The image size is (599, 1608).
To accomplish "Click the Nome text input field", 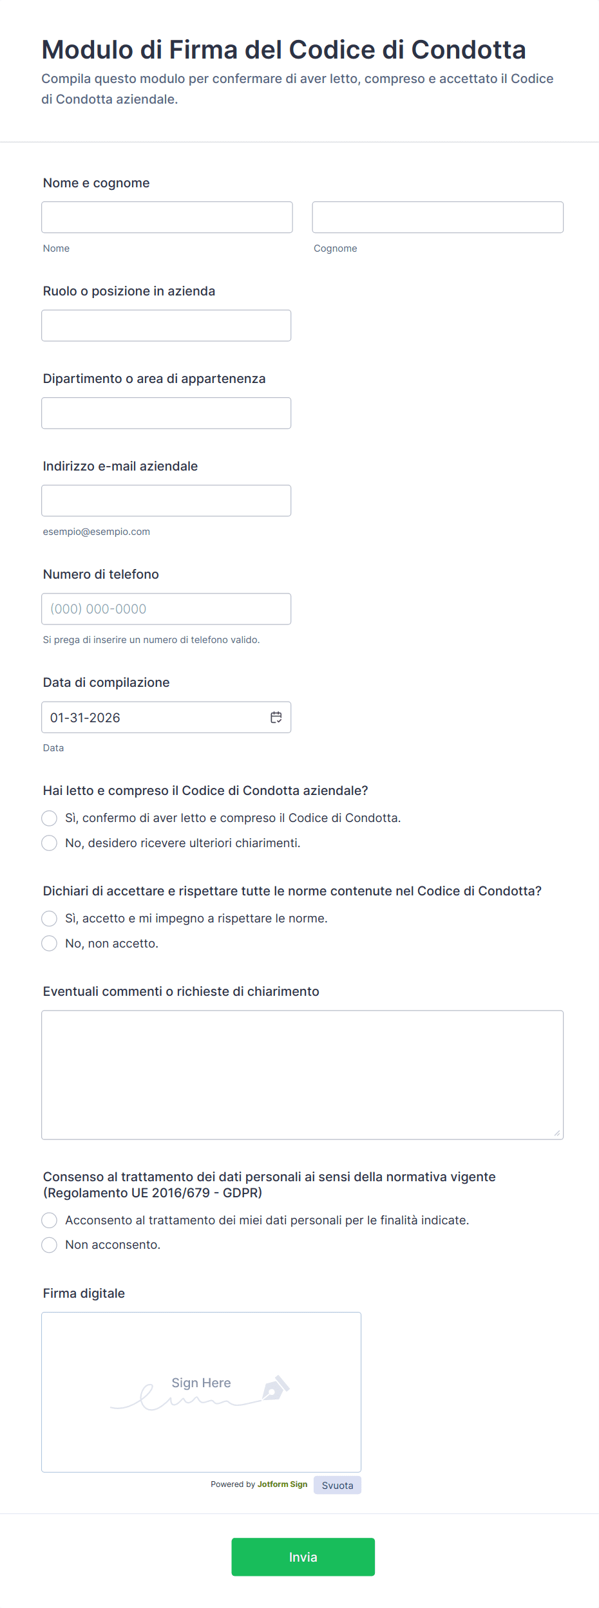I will [x=167, y=217].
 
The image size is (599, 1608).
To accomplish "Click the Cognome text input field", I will [x=437, y=217].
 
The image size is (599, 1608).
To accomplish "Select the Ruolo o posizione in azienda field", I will [x=166, y=326].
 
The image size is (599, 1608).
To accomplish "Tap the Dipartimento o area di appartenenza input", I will [x=166, y=413].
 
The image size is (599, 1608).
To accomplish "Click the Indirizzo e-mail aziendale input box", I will [x=166, y=501].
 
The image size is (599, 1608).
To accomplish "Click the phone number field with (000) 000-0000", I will [x=166, y=609].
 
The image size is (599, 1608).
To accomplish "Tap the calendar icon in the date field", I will [x=276, y=717].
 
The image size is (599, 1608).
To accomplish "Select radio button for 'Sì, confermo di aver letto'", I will [x=50, y=818].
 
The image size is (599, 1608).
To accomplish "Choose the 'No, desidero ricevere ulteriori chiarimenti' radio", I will [x=50, y=843].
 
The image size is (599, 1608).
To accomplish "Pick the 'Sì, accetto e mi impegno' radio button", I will [x=50, y=919].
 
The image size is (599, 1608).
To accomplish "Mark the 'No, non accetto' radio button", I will [x=50, y=944].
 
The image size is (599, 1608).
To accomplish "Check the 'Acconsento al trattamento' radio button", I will [x=50, y=1220].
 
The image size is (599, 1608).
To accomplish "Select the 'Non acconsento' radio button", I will [x=50, y=1245].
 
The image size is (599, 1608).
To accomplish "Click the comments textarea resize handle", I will [x=557, y=1133].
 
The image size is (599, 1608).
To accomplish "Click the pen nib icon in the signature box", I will [x=276, y=1388].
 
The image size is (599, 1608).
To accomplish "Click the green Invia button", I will [x=303, y=1557].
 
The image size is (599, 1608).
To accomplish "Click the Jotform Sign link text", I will [x=282, y=1484].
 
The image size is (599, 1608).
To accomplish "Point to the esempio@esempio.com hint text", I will [x=97, y=532].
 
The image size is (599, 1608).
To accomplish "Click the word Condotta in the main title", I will [x=468, y=50].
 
